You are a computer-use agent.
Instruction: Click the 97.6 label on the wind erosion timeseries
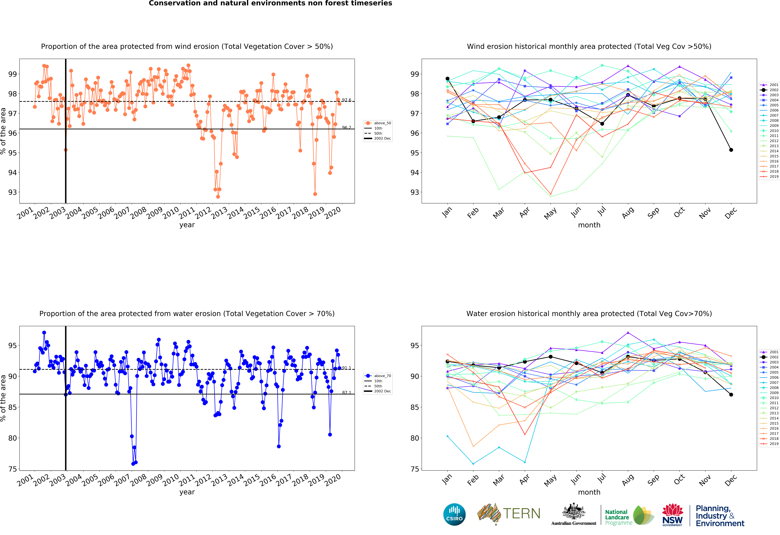(346, 100)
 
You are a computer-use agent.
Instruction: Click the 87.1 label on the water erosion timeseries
(346, 392)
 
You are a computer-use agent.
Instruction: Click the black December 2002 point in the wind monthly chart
(731, 150)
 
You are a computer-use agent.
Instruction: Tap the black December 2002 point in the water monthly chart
(731, 395)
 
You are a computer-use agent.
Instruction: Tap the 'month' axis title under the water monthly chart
(589, 492)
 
